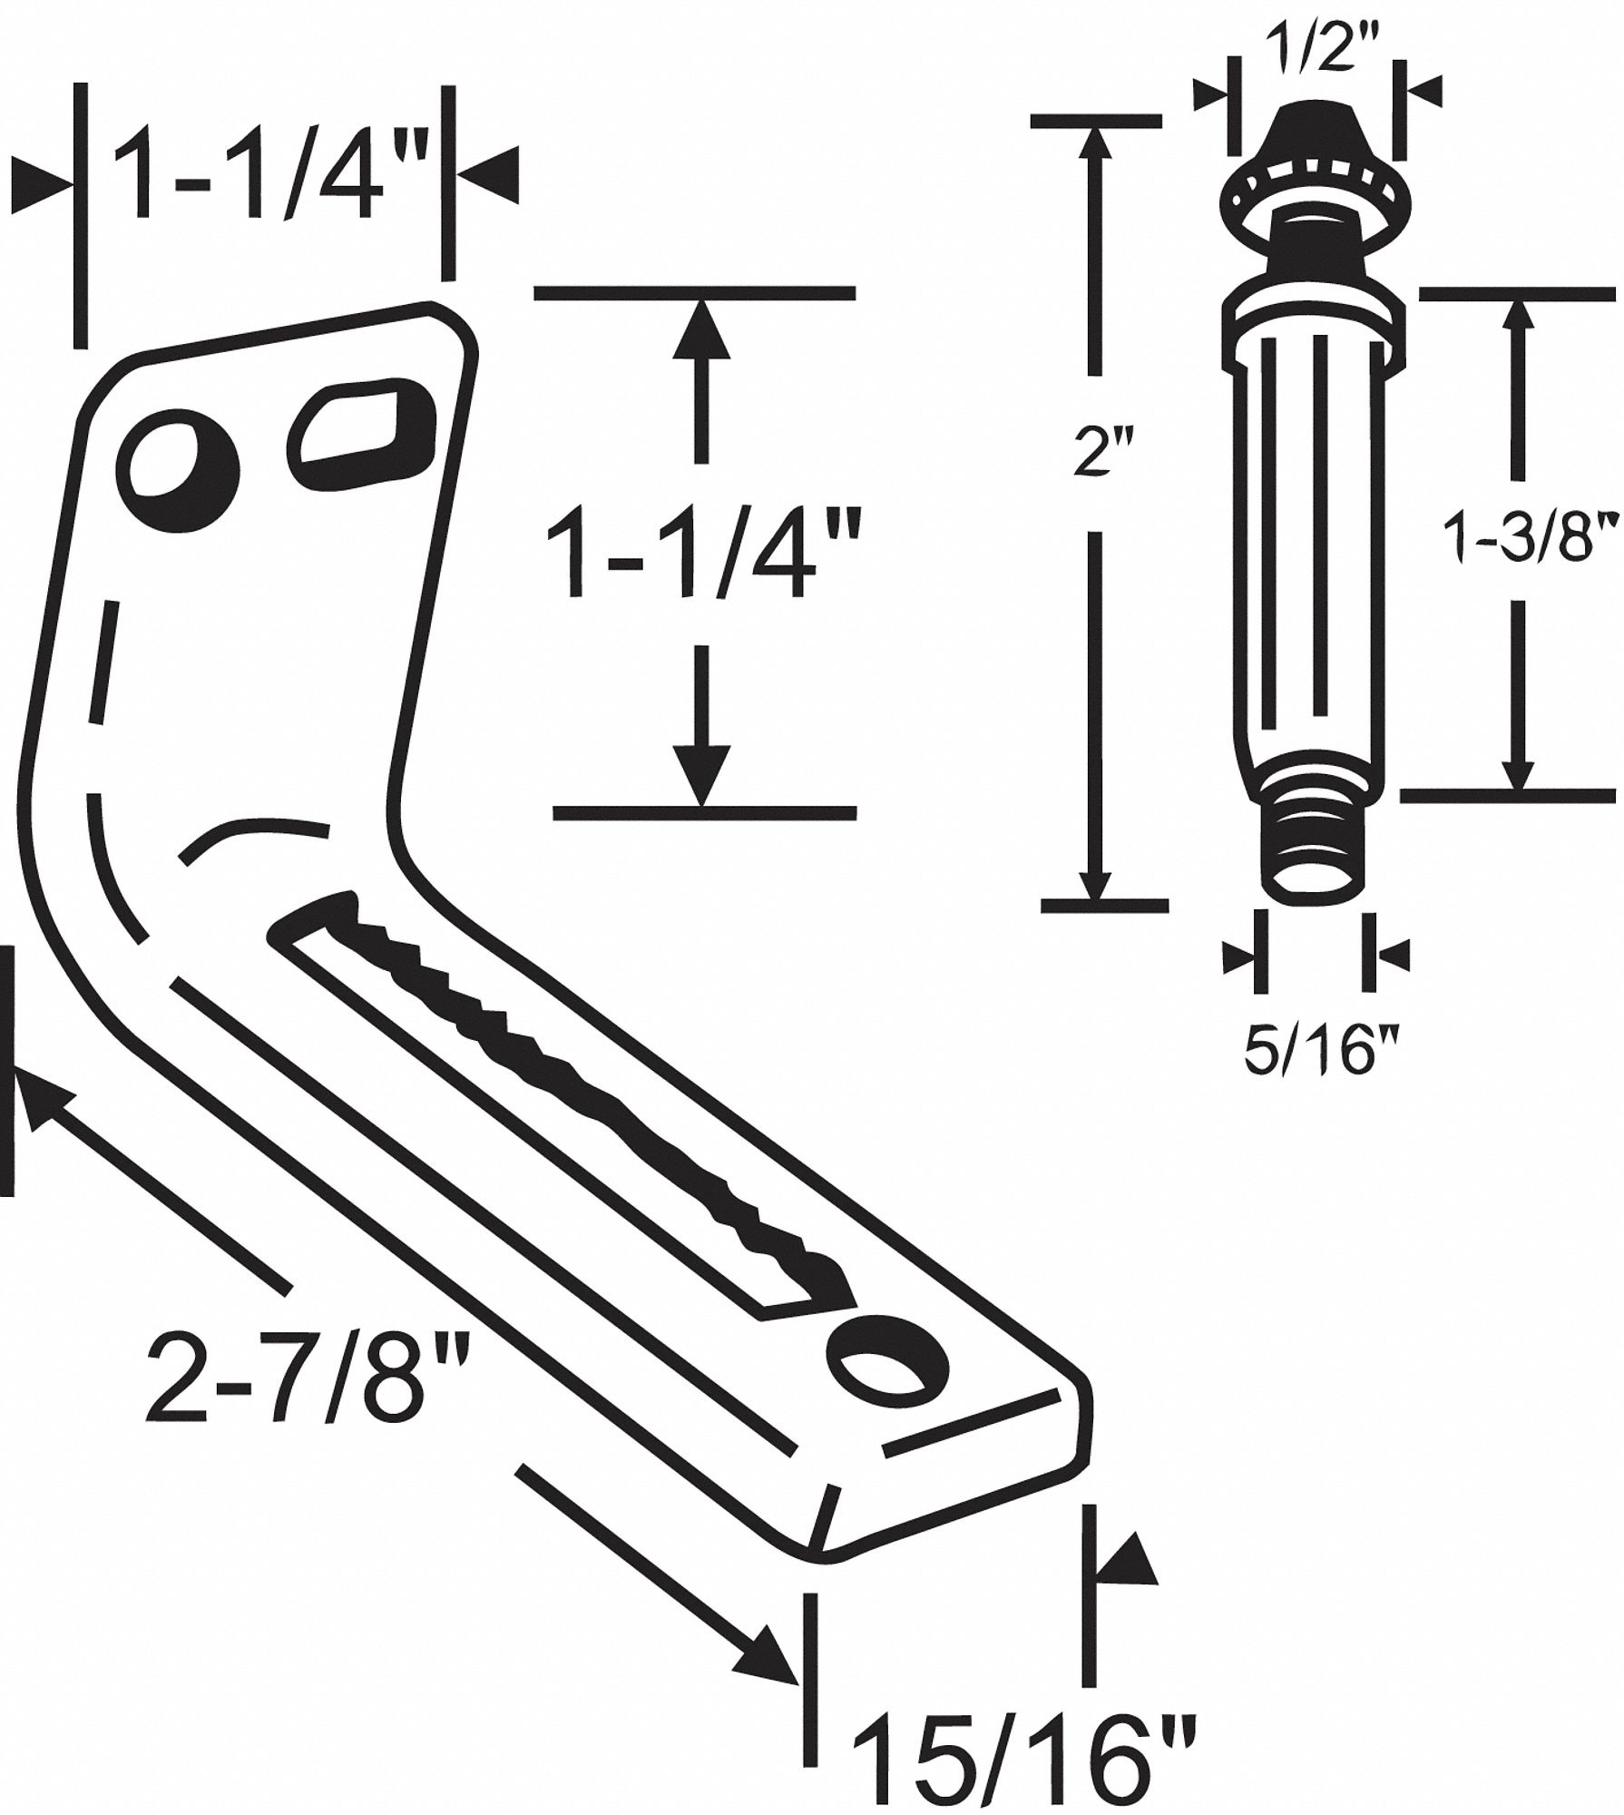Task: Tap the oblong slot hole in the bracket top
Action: pyautogui.click(x=360, y=429)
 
